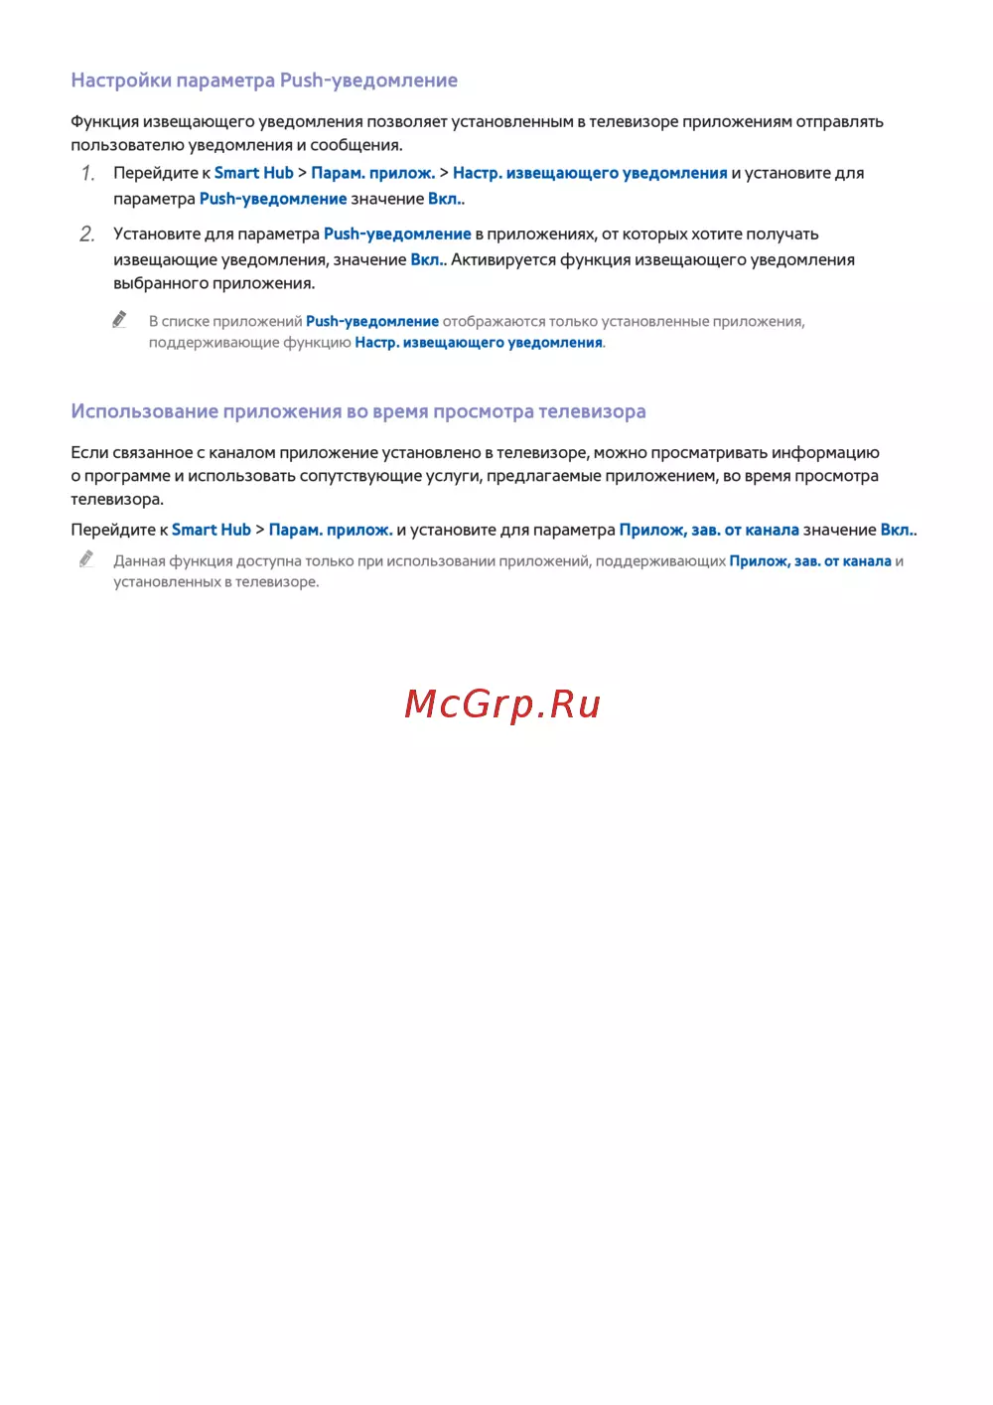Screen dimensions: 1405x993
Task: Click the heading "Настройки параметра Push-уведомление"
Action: point(264,80)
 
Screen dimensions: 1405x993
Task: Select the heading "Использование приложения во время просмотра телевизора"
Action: point(358,411)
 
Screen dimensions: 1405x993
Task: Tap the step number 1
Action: point(88,174)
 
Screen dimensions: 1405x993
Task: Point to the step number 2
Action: point(87,234)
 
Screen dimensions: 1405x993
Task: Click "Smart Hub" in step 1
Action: point(254,173)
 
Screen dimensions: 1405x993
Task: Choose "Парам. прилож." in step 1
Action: point(373,173)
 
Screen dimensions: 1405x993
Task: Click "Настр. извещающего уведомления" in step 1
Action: point(590,173)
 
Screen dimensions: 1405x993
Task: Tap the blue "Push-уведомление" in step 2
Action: point(397,234)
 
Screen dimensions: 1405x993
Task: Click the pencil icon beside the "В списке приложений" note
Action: point(119,319)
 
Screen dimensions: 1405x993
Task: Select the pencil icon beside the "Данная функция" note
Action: point(86,559)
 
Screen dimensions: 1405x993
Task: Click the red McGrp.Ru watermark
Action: point(502,703)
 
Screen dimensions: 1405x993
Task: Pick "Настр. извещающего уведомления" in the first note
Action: point(479,343)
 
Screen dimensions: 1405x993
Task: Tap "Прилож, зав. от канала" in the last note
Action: point(810,561)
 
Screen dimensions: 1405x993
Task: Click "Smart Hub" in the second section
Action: point(212,530)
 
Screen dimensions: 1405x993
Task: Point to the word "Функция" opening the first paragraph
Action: point(104,122)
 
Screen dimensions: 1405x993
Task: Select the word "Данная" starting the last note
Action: point(137,561)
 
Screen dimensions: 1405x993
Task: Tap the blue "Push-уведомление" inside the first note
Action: point(372,322)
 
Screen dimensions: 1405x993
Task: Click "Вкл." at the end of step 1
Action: point(445,199)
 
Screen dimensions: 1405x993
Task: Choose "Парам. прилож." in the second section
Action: point(331,530)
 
